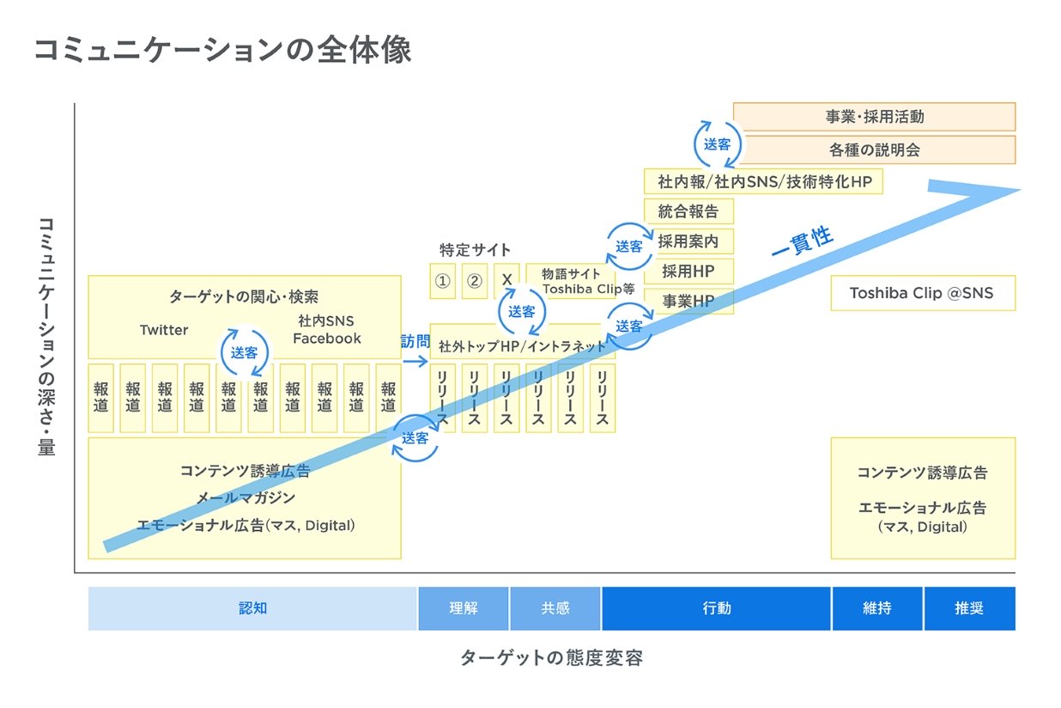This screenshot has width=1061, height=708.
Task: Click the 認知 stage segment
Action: pos(252,608)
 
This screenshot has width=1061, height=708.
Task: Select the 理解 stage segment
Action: pos(464,608)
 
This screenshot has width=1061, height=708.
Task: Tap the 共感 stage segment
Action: pos(555,608)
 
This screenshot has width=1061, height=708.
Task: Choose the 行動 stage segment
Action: pos(716,608)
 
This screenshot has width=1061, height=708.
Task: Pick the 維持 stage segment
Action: pos(876,608)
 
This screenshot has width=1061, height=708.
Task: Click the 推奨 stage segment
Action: pos(969,608)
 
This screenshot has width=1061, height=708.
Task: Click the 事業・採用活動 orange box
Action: pos(874,117)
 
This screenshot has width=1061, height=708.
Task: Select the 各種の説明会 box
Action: pos(874,150)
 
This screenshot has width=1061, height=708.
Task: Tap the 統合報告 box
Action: pos(688,211)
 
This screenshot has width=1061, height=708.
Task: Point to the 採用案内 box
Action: pos(688,241)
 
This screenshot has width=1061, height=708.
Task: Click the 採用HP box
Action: pos(688,271)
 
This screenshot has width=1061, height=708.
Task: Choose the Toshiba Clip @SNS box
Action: pos(922,293)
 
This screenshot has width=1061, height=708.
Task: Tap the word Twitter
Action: pos(164,330)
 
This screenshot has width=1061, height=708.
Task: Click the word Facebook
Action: pos(327,339)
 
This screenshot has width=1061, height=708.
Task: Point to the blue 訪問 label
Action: pos(415,341)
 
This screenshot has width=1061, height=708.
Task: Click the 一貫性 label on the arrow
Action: pos(803,243)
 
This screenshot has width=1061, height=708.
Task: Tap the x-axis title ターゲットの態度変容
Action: pos(551,659)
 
